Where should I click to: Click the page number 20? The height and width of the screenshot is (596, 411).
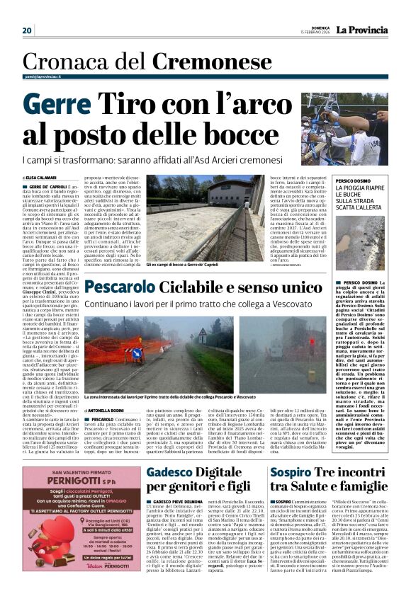[27, 30]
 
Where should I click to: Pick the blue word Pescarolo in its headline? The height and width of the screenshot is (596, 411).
[128, 287]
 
